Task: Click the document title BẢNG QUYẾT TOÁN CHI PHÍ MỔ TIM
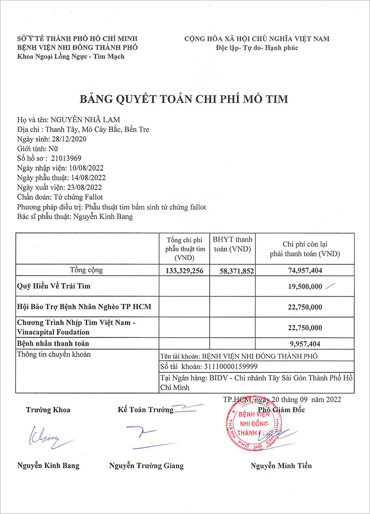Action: pos(184,99)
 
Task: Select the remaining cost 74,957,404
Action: pos(305,271)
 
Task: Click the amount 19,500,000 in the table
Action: pos(305,287)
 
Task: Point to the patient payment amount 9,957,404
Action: pos(305,343)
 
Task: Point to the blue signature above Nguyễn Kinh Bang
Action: pos(48,437)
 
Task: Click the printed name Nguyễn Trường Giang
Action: pos(146,466)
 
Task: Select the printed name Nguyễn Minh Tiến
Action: pos(281,466)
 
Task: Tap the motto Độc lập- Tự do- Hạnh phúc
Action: pos(257,48)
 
